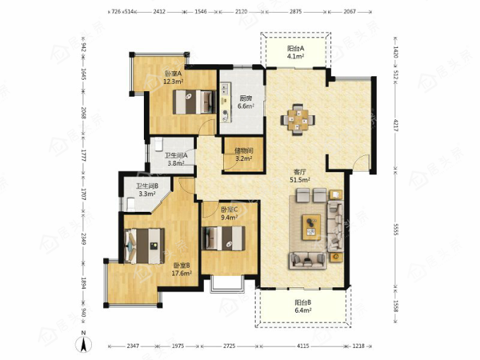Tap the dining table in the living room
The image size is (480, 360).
click(x=298, y=120)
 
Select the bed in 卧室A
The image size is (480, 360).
click(x=194, y=102)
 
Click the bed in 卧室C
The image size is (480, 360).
click(x=224, y=239)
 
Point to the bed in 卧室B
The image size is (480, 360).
click(x=145, y=246)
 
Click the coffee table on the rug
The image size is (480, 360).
click(x=311, y=227)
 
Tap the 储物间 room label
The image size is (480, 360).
click(x=244, y=150)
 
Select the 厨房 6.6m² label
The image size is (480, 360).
click(x=246, y=102)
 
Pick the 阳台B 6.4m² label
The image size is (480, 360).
click(x=303, y=306)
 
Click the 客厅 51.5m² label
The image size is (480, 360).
click(x=300, y=176)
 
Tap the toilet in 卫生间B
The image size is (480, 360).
click(x=130, y=204)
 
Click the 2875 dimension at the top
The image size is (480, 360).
click(x=296, y=11)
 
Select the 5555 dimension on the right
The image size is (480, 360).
click(x=395, y=229)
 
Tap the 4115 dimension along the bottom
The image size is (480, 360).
click(x=303, y=346)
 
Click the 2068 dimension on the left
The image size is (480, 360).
click(x=84, y=113)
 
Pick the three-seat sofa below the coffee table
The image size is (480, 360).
click(x=307, y=260)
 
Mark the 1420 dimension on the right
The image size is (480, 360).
click(x=395, y=52)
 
